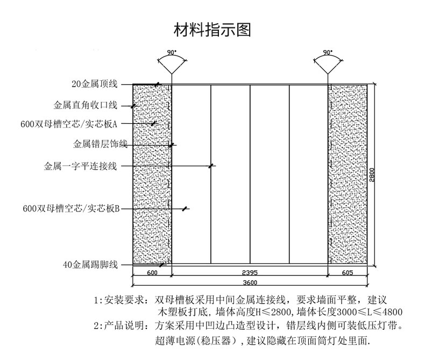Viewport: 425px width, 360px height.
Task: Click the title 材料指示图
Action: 212,30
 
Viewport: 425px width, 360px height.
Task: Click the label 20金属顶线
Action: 95,84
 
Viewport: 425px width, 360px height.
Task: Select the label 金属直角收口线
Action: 86,105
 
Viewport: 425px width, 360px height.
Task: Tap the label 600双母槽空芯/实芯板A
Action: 69,124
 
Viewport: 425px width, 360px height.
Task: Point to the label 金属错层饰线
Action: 100,144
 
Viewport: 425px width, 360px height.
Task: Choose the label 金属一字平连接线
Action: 81,166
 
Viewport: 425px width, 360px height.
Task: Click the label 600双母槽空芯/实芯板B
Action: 71,208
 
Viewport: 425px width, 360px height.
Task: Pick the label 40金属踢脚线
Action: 90,265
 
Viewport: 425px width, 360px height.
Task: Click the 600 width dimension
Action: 152,273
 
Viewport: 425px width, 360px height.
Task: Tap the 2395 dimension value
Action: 250,272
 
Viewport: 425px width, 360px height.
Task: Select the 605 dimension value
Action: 347,273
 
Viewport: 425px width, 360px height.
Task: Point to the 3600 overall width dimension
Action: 250,283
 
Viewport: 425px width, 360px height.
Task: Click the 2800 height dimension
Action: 372,175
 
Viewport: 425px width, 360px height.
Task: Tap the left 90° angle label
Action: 171,52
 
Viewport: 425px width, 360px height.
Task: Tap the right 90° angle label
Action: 328,52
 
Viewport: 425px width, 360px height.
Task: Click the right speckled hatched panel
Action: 348,174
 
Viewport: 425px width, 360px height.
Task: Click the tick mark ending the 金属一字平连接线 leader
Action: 211,166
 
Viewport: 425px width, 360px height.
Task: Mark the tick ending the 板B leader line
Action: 185,209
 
